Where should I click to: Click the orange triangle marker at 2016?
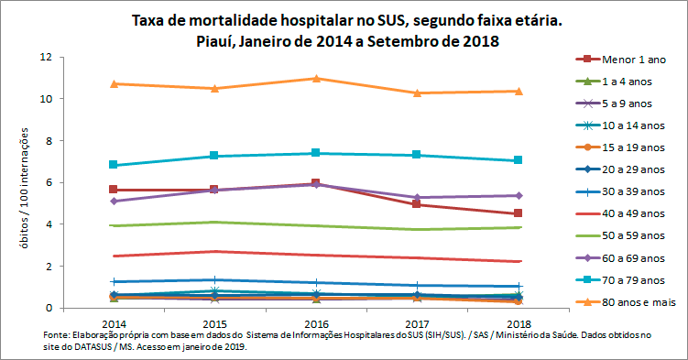tap(316, 78)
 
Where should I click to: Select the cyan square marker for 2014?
tap(113, 165)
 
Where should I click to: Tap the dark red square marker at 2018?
tap(519, 213)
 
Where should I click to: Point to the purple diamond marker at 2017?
tap(417, 197)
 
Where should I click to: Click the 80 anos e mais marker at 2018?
tap(519, 91)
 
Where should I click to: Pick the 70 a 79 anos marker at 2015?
tap(214, 156)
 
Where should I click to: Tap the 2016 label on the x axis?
tap(316, 324)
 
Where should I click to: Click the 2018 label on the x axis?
tap(519, 324)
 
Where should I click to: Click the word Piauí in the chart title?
tap(216, 41)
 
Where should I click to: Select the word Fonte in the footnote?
tap(56, 336)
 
